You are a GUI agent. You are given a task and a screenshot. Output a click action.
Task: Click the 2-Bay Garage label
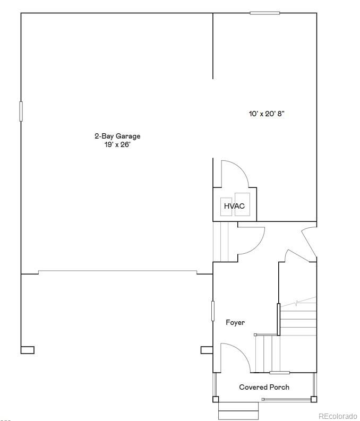coord(117,136)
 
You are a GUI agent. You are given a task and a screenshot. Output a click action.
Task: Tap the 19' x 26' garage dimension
coord(117,144)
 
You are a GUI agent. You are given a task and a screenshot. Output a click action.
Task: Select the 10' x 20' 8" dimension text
coord(270,114)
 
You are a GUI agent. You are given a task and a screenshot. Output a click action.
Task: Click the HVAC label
coord(234,206)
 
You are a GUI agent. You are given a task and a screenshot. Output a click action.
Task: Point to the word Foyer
coord(235,322)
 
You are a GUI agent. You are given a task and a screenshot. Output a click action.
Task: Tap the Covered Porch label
coord(264,387)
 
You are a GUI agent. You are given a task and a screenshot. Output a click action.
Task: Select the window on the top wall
coord(264,13)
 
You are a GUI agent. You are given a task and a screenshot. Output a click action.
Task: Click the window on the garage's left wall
coord(21,111)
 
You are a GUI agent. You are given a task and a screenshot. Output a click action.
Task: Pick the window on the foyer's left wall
coord(213,311)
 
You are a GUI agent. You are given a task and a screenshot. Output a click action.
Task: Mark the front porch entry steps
coord(238,410)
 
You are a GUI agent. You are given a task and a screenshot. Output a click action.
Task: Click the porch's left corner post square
coord(216,399)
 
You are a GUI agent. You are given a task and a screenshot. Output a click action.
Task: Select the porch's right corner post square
coord(314,399)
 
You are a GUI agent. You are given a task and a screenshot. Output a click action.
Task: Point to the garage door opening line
coord(117,272)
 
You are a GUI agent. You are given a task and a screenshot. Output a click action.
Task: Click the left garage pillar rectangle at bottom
coord(28,350)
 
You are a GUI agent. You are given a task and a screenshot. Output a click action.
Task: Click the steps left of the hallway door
coord(220,242)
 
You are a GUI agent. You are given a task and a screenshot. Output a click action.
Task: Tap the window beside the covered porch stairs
coord(279,372)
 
